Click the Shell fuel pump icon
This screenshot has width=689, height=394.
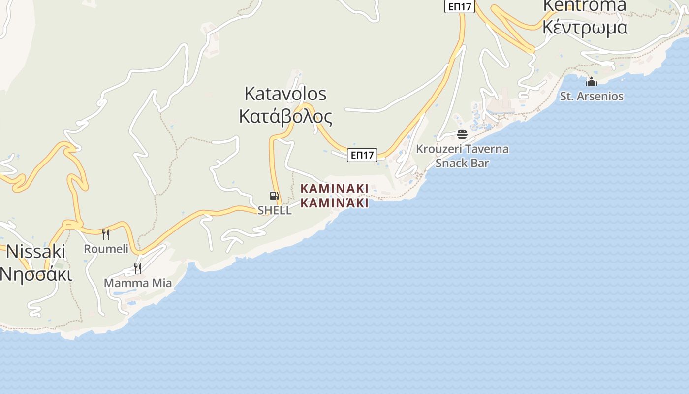(x=274, y=196)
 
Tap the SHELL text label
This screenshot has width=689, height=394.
(x=275, y=210)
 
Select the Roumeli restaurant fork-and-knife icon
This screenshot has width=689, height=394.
(x=105, y=234)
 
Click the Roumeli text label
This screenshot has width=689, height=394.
(x=106, y=249)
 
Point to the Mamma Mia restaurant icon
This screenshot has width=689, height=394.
(x=138, y=268)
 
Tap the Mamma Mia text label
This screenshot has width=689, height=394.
(x=138, y=283)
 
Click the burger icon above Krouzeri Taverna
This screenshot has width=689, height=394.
(x=462, y=134)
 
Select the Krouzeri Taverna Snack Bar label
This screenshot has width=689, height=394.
(x=462, y=156)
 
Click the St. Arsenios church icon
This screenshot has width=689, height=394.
(x=592, y=82)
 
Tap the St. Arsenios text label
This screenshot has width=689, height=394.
(x=592, y=96)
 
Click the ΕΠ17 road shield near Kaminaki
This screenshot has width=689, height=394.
(x=362, y=155)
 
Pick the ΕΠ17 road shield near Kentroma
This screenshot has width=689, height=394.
(x=459, y=6)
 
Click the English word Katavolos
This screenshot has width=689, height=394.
(x=285, y=94)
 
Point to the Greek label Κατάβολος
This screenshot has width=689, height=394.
(x=285, y=117)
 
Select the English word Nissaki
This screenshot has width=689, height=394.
(x=35, y=252)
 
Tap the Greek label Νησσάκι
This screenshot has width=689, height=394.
(x=35, y=274)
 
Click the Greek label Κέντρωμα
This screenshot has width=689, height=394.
(x=585, y=27)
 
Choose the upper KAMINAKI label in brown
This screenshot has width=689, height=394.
(x=334, y=188)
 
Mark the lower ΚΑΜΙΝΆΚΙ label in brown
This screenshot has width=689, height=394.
(x=334, y=203)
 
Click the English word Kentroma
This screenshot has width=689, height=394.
(x=585, y=6)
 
